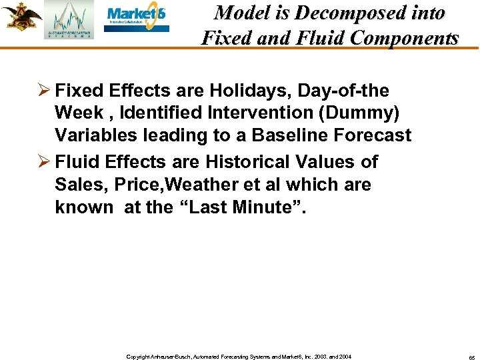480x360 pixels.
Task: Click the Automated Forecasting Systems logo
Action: click(x=69, y=21)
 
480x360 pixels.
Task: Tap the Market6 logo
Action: click(x=137, y=19)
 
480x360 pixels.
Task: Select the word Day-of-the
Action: click(x=347, y=90)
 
